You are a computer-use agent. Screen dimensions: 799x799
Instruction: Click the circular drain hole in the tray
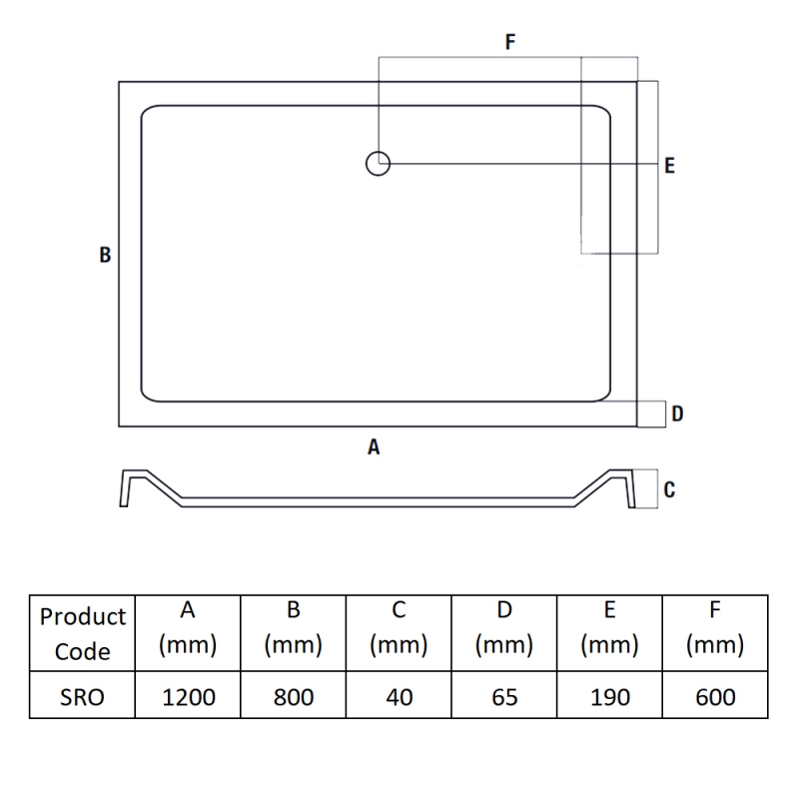[x=379, y=164]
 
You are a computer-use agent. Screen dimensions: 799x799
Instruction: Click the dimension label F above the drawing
[x=510, y=42]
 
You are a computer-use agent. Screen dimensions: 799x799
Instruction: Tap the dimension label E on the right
[x=669, y=166]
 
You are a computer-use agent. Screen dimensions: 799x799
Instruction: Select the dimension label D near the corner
[x=677, y=413]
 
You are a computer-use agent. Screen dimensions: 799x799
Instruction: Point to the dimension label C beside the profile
[x=669, y=489]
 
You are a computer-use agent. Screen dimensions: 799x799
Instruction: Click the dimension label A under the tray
[x=374, y=446]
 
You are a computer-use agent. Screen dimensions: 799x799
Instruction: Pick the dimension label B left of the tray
[x=105, y=255]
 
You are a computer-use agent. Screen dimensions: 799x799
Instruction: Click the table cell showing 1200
[x=188, y=695]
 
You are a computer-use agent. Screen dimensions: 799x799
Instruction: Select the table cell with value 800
[x=294, y=695]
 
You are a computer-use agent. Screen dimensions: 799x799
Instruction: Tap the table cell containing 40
[x=399, y=695]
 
